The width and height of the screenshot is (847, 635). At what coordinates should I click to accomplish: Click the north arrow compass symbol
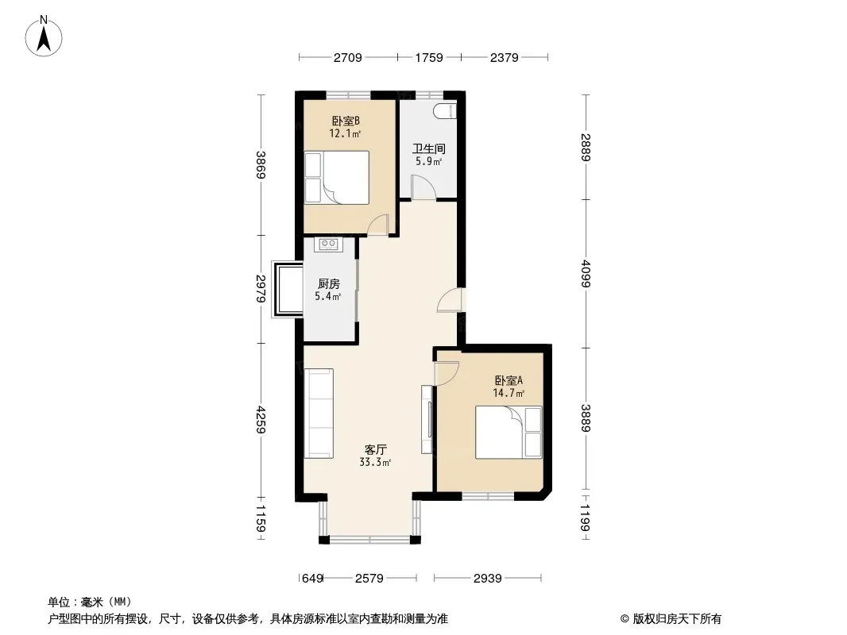(x=44, y=37)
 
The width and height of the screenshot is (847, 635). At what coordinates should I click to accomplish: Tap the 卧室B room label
(x=346, y=121)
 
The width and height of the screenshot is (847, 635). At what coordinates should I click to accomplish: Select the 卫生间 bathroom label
(x=429, y=148)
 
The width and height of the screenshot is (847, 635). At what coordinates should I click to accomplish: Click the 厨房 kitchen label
(x=328, y=284)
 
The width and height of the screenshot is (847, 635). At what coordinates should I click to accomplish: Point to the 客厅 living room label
(x=375, y=449)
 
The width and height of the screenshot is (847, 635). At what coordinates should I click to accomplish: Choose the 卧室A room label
(x=509, y=380)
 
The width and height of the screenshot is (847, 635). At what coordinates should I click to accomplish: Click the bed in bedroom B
(x=337, y=178)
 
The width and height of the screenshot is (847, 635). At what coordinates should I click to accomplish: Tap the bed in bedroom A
(x=509, y=432)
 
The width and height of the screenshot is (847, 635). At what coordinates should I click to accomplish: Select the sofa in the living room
(x=319, y=414)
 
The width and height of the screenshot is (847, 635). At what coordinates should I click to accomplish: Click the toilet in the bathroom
(x=445, y=111)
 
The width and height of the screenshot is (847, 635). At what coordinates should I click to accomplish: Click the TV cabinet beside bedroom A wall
(x=427, y=419)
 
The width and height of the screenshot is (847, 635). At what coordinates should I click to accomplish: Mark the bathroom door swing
(x=423, y=187)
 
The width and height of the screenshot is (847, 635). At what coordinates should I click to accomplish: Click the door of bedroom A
(x=447, y=374)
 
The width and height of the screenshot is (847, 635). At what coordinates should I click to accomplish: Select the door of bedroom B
(x=377, y=225)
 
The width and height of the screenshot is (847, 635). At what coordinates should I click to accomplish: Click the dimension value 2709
(x=347, y=57)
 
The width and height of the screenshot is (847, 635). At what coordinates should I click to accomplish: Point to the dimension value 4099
(x=586, y=274)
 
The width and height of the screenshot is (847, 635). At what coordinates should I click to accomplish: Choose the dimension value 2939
(x=487, y=579)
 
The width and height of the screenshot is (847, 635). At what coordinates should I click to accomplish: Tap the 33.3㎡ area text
(x=375, y=462)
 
